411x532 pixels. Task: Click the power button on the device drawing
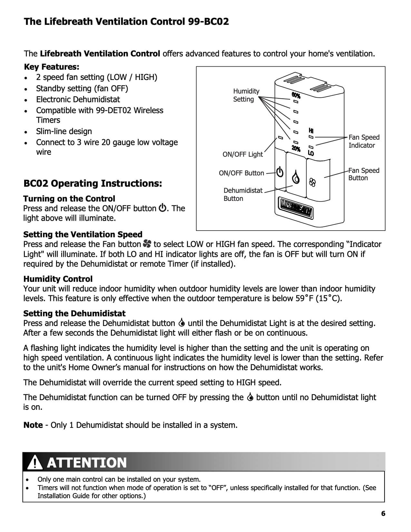pos(280,172)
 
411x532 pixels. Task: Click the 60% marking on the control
pos(296,95)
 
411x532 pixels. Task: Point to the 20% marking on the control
pos(296,149)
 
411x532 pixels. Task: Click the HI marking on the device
pos(311,131)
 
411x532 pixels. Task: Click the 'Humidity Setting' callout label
pos(246,95)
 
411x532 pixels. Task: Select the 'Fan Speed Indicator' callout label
pos(364,141)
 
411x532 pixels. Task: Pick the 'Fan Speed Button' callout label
pos(364,174)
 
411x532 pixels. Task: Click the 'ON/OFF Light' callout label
pos(242,154)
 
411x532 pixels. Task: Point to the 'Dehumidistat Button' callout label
pos(243,194)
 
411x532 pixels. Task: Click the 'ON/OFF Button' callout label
pos(241,173)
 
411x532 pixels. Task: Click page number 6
pos(383,514)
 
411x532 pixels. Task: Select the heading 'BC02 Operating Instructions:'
pos(93,183)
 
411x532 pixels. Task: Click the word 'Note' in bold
pos(33,425)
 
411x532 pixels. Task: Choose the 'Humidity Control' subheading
pos(58,279)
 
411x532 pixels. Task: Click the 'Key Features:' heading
pos(51,67)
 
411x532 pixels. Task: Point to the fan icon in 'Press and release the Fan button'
pos(147,244)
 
